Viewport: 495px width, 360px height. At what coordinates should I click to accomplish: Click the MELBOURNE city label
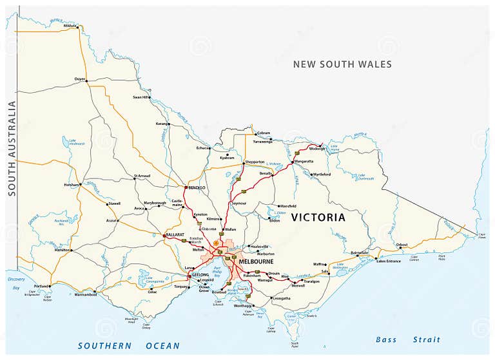(x=256, y=262)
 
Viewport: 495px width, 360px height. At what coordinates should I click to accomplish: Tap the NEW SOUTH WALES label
(x=342, y=64)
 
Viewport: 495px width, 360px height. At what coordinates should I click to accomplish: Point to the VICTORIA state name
(x=318, y=218)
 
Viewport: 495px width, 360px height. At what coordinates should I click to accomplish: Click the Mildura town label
(x=70, y=26)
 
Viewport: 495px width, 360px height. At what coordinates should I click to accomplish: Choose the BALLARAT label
(x=175, y=235)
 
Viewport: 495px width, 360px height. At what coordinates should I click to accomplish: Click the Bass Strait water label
(x=408, y=339)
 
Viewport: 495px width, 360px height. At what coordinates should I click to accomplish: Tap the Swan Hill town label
(x=141, y=97)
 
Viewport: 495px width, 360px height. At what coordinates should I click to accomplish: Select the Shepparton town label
(x=255, y=162)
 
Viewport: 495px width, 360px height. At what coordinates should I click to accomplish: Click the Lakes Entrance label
(x=389, y=261)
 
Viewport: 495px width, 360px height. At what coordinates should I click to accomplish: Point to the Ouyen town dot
(x=86, y=81)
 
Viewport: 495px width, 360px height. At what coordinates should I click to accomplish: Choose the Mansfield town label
(x=288, y=206)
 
